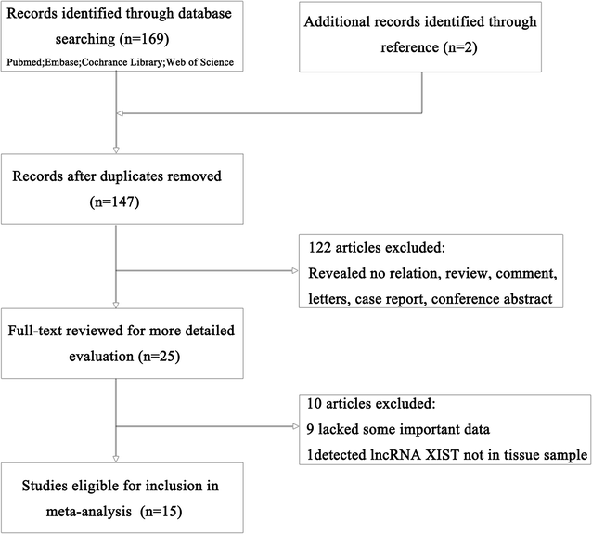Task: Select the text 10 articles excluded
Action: coord(369,405)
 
